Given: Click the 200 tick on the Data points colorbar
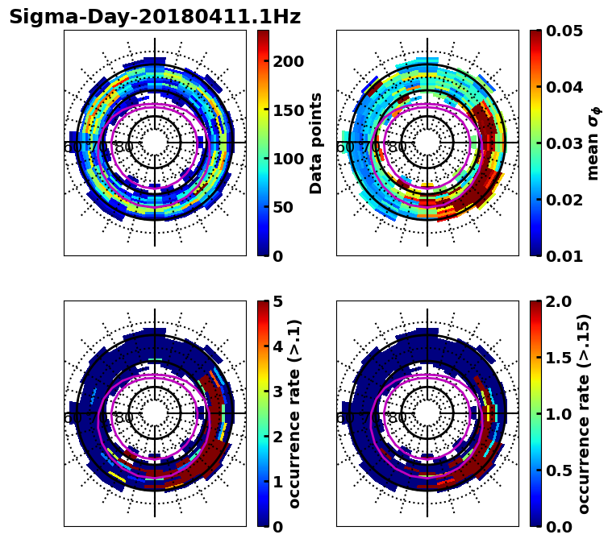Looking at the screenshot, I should click(289, 62).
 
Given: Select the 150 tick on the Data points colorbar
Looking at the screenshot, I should click(289, 110).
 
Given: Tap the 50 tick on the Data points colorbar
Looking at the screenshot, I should click(289, 207).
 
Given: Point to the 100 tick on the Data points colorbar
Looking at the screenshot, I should click(289, 159).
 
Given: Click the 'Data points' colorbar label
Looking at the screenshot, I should click(316, 143).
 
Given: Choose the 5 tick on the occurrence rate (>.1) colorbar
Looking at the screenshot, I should click(277, 301).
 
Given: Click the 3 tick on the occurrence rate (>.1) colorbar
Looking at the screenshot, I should click(277, 392).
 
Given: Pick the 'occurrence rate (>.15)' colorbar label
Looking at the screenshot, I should click(584, 413).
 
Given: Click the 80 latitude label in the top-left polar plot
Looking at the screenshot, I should click(124, 147).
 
